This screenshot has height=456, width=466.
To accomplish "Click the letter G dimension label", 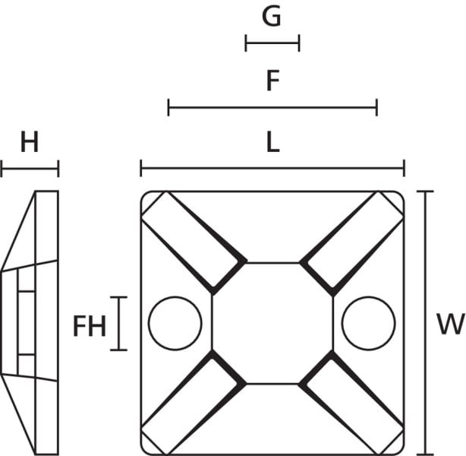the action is [x=272, y=17].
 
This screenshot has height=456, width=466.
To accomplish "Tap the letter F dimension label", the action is [x=272, y=81].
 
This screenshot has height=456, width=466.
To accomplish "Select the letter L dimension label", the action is [x=272, y=142].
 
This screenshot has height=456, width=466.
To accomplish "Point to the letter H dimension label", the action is [x=30, y=142].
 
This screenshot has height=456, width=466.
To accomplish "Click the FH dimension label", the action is [x=90, y=326].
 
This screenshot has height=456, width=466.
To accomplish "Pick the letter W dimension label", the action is [x=450, y=324].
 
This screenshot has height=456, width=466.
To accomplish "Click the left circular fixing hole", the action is [x=175, y=296].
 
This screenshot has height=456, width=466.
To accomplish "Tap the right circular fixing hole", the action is [x=368, y=296].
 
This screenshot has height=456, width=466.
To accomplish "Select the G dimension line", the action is [x=272, y=43].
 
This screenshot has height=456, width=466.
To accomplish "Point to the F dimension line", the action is [x=272, y=107].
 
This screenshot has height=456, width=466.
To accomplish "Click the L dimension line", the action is [x=272, y=169].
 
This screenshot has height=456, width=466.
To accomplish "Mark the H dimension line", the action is [x=30, y=169].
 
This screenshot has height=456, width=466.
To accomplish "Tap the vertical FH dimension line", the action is [x=119, y=324].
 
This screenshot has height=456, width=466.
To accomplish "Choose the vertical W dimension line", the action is [x=425, y=323].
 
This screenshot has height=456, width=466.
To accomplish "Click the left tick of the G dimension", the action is [x=246, y=43].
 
